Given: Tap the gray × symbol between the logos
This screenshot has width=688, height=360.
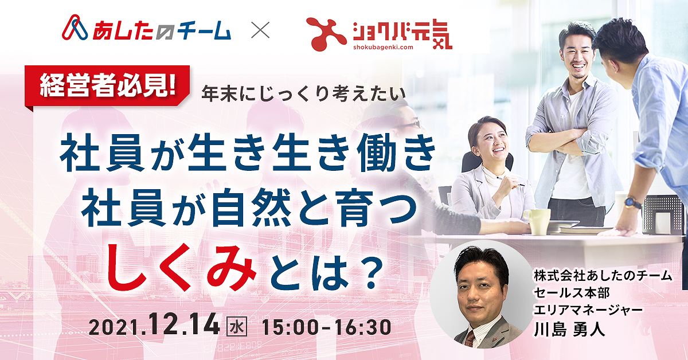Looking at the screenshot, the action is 260,30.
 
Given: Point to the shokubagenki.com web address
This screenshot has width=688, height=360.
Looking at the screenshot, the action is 383,46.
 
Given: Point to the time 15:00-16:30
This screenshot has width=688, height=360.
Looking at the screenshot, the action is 326,326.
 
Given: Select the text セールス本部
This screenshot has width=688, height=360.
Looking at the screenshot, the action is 572,293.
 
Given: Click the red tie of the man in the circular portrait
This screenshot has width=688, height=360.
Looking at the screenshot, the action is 470,338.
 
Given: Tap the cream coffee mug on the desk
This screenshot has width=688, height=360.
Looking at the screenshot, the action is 539,221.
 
